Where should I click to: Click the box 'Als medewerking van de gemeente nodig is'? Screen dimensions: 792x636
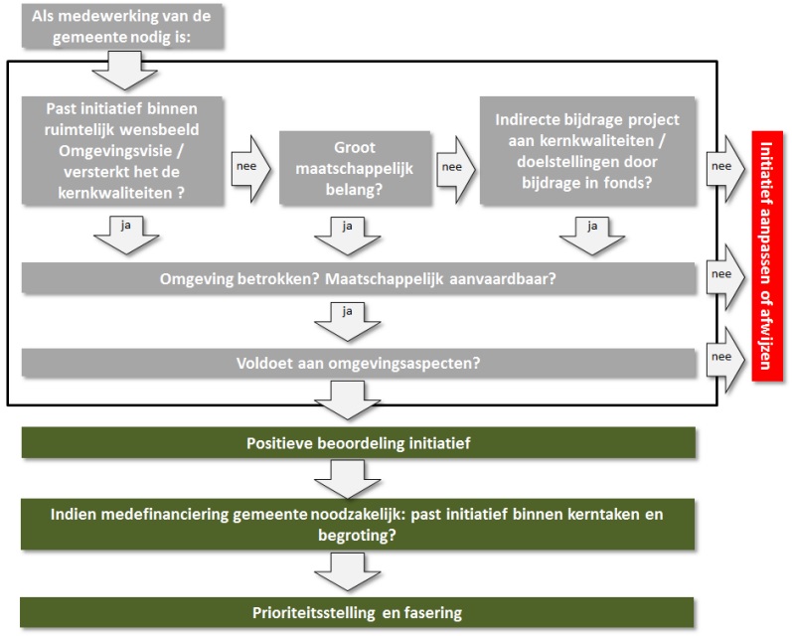coord(122,26)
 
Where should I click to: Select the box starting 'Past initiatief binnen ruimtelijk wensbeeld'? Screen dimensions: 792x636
coord(122,150)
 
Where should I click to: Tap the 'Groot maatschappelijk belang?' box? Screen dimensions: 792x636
coord(355,168)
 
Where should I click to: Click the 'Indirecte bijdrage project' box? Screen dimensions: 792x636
coord(587,150)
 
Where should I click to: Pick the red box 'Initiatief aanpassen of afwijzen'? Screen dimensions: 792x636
coord(767,255)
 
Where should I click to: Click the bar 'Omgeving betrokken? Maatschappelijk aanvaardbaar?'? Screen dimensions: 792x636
coord(359,278)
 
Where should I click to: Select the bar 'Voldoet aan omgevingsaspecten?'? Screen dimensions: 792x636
coord(359,363)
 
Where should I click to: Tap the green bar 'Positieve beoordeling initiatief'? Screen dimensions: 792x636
coord(359,443)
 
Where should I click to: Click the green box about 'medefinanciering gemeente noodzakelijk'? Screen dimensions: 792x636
coord(358,525)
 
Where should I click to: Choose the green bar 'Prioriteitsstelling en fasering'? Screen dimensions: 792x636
coord(357,613)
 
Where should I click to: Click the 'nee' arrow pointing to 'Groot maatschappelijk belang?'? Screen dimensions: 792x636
coord(251,169)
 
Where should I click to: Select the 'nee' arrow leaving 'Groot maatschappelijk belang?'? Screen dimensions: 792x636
coord(455,169)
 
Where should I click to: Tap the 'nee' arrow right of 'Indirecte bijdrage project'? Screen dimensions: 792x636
coord(725,169)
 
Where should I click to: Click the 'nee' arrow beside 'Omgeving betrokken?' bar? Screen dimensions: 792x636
coord(725,277)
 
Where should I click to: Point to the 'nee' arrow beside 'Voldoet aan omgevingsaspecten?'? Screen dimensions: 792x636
coord(725,359)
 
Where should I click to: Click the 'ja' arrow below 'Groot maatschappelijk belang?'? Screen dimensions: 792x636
coord(348,236)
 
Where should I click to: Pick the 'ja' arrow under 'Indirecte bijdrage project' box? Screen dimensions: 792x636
coord(592,236)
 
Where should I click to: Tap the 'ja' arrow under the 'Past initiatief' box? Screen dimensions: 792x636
coord(126,236)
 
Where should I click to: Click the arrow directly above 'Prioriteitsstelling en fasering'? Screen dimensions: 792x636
coord(348,571)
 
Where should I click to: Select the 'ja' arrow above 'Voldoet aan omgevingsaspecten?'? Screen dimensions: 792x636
coord(348,322)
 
